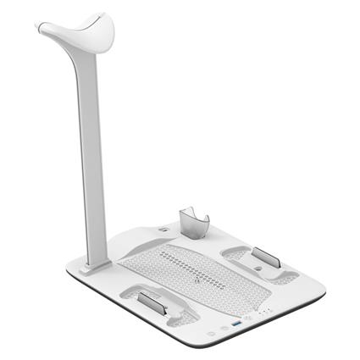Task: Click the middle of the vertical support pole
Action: point(92,152)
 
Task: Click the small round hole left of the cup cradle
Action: point(164,227)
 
